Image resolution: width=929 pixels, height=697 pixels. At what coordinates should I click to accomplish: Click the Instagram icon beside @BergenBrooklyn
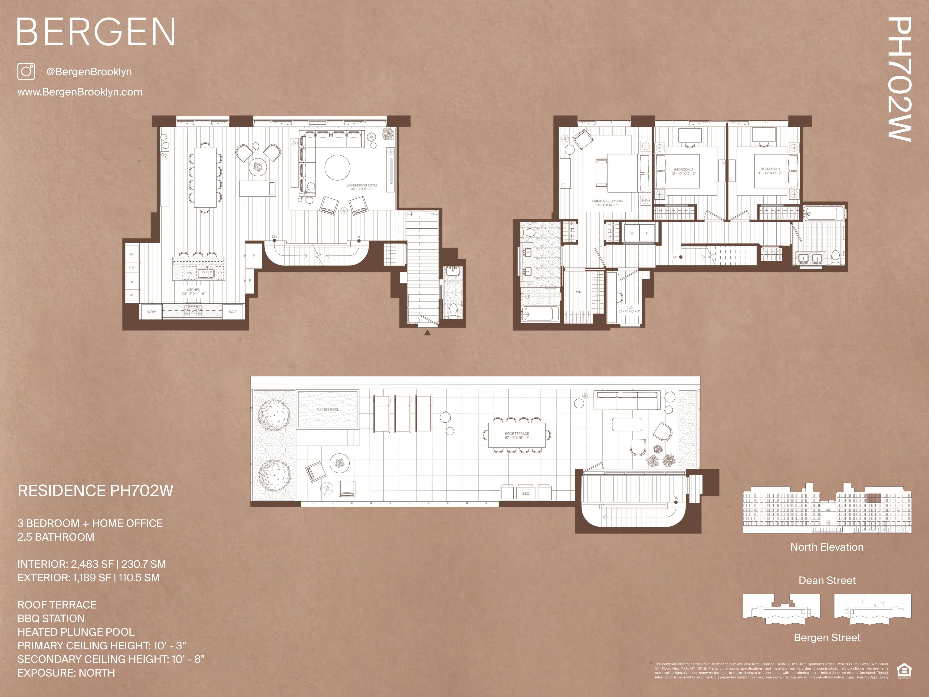point(26,71)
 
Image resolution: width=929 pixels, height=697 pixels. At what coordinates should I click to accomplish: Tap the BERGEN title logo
point(96,32)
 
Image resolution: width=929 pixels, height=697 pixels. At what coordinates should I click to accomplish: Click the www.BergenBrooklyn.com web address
point(80,92)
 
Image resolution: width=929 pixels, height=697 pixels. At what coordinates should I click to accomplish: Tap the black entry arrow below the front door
point(427,333)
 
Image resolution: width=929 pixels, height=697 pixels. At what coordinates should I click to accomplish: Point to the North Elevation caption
point(827,547)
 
